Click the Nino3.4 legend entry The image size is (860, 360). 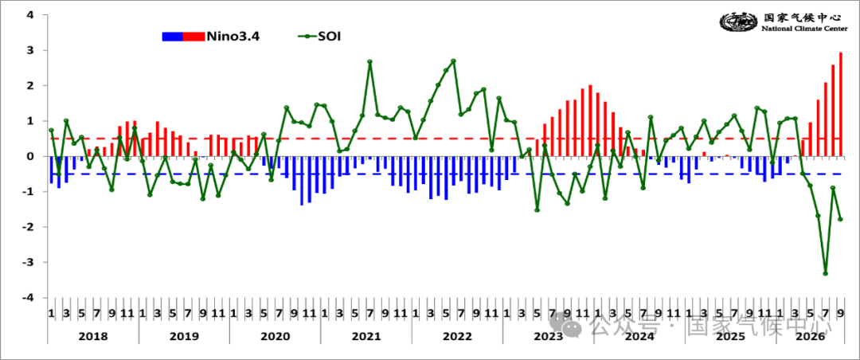pyautogui.click(x=210, y=37)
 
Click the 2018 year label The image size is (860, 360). pyautogui.click(x=93, y=336)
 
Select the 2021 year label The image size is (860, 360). pyautogui.click(x=365, y=336)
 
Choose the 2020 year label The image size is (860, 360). pyautogui.click(x=276, y=336)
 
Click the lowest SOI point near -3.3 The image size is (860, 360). pyautogui.click(x=826, y=273)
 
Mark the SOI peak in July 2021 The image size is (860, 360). pyautogui.click(x=369, y=61)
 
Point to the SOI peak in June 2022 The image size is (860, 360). pyautogui.click(x=453, y=61)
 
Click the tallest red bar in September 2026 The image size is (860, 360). pyautogui.click(x=841, y=104)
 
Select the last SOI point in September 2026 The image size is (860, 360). pyautogui.click(x=840, y=220)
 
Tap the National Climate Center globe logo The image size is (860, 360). pyautogui.click(x=739, y=22)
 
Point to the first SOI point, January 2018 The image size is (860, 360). pyautogui.click(x=51, y=130)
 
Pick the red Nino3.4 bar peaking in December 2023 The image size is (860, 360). pyautogui.click(x=590, y=121)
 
